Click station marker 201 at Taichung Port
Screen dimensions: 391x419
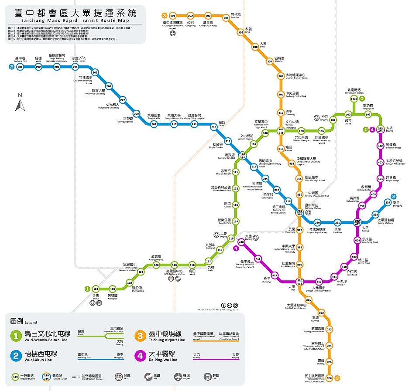tap(20, 67)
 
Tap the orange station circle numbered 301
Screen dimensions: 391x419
tap(173, 16)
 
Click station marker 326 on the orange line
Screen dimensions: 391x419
tap(330, 378)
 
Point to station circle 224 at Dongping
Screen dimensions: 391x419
tap(388, 202)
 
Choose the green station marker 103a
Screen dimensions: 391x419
tap(354, 99)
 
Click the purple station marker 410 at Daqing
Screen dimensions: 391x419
tap(241, 242)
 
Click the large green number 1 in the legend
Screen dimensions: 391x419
tap(16, 336)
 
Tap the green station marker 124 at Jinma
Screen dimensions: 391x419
tap(96, 289)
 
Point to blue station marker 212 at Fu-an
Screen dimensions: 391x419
tap(214, 127)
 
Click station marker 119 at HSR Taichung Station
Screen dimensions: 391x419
tap(174, 265)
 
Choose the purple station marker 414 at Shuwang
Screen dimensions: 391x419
tap(275, 275)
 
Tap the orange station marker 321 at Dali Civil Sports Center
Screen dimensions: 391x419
tap(308, 300)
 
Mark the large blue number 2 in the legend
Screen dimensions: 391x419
tap(16, 356)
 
